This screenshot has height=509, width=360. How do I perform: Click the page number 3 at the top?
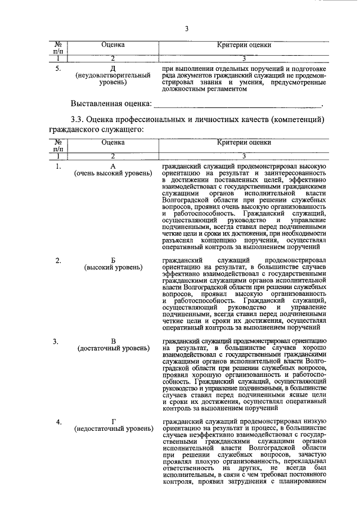click(185, 29)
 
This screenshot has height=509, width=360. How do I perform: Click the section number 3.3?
click(78, 120)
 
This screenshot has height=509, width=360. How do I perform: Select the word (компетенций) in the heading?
click(298, 120)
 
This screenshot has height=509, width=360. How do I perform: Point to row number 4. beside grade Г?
click(58, 421)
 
